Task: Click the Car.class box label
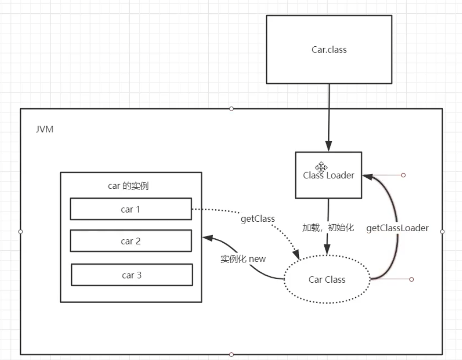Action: (329, 50)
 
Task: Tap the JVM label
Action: (44, 129)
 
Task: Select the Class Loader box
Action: (329, 175)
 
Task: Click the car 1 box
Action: (131, 209)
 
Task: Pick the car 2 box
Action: (131, 241)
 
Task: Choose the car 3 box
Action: (132, 275)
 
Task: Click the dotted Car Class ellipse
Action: (327, 279)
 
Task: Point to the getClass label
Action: (258, 219)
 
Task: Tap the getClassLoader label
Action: (397, 228)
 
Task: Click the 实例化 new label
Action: (243, 258)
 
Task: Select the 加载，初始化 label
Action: (328, 228)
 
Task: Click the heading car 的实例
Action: (128, 186)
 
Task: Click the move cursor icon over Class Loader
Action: (321, 167)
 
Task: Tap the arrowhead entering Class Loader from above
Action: (329, 146)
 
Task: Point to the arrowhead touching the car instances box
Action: (207, 238)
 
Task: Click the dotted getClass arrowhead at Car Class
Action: (296, 255)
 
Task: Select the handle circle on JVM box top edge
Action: (231, 109)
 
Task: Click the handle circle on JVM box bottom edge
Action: (231, 354)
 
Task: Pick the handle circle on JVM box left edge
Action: (21, 232)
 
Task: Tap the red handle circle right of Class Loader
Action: (403, 175)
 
